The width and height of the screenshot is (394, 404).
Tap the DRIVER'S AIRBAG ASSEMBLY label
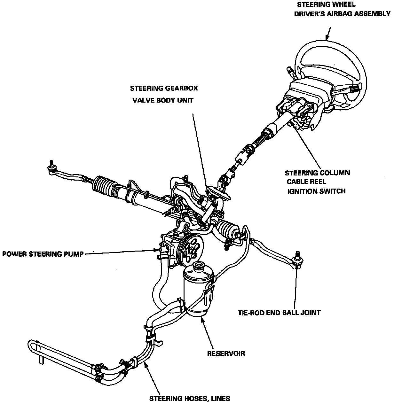coord(342,14)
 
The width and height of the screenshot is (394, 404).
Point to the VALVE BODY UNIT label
coord(163,100)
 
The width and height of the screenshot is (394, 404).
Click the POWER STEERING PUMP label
coord(43,254)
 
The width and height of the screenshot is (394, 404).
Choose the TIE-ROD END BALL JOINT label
coord(279,312)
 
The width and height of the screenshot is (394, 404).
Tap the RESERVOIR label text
coord(226,353)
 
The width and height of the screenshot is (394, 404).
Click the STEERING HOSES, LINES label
coord(190,399)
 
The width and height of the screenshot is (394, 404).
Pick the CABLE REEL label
coord(306,182)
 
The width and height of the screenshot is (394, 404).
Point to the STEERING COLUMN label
coord(317,173)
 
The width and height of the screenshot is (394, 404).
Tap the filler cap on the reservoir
coord(199,266)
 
